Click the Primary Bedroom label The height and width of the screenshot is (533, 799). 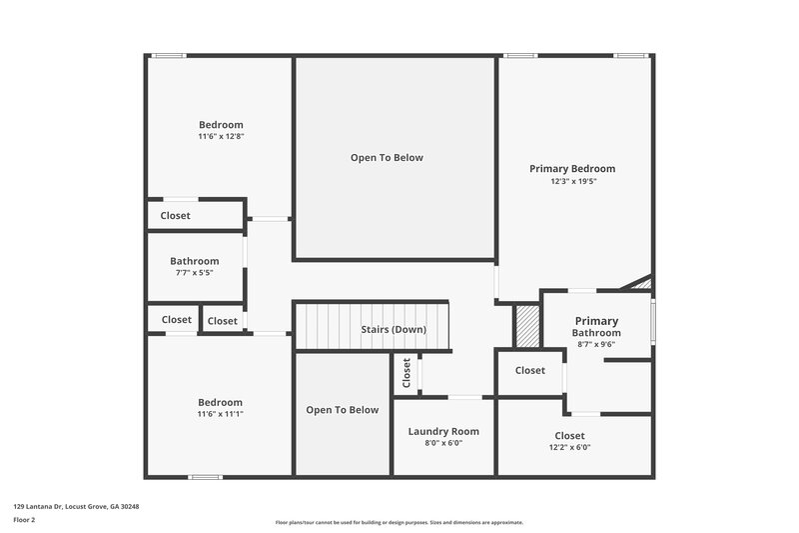click(x=571, y=169)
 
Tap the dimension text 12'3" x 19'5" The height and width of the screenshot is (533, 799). click(x=571, y=182)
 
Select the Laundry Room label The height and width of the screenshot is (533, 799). click(x=443, y=431)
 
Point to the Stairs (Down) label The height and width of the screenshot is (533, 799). click(x=394, y=329)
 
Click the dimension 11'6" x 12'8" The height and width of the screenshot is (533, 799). click(x=221, y=137)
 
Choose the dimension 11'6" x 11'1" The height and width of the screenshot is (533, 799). click(x=221, y=414)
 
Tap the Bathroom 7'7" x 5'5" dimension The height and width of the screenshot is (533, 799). click(x=194, y=273)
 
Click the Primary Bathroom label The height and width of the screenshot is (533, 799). click(x=596, y=327)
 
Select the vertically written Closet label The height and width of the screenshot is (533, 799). click(x=406, y=373)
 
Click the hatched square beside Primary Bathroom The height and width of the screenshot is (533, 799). click(x=526, y=325)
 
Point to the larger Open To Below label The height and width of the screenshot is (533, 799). click(x=387, y=158)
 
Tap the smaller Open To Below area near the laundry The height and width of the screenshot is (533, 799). click(x=342, y=410)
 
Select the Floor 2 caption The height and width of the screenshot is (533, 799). click(x=24, y=520)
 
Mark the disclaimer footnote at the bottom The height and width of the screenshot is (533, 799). click(x=399, y=522)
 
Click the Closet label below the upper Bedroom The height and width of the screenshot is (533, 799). click(x=175, y=215)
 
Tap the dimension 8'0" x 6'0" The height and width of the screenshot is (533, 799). click(x=443, y=443)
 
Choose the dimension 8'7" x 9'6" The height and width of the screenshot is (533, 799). click(x=596, y=344)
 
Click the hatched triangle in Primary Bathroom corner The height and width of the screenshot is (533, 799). click(x=641, y=284)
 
